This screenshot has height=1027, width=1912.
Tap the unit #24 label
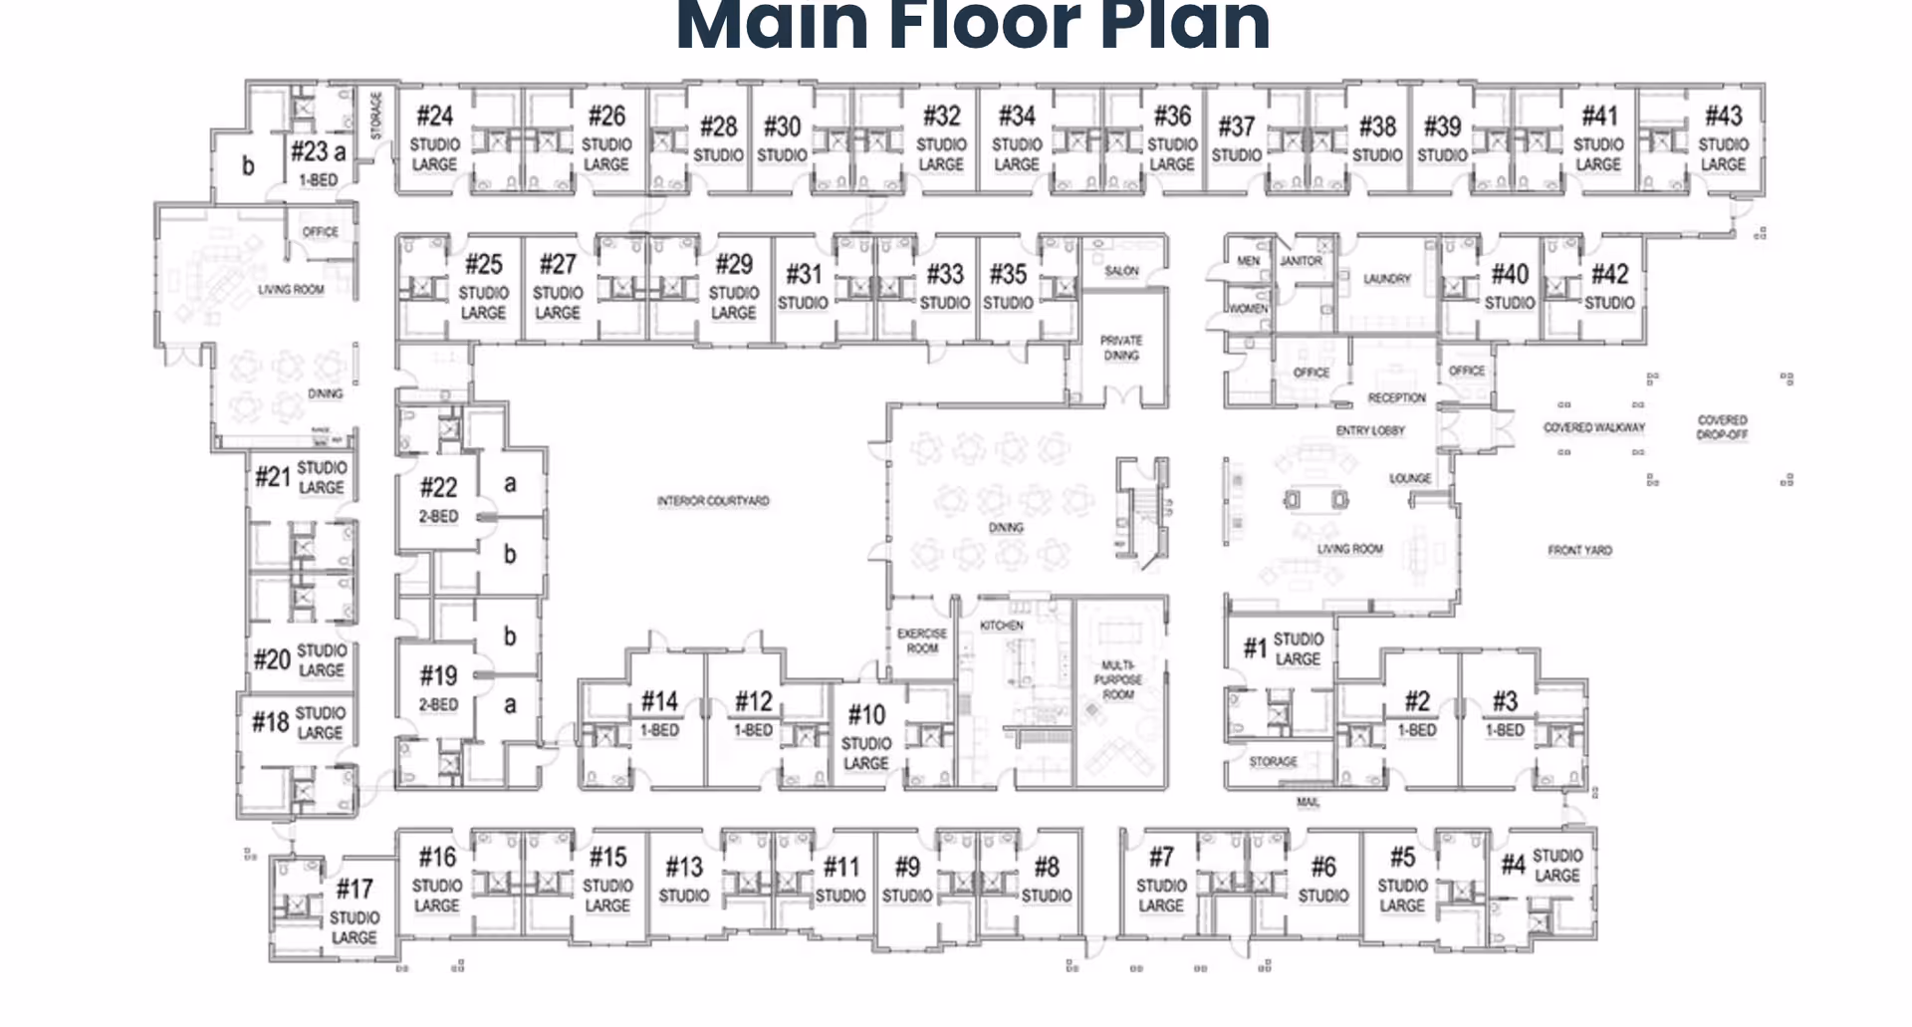435,117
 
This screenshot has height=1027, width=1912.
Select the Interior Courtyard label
713,501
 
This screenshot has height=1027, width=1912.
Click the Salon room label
1121,271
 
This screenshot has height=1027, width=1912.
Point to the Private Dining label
1121,348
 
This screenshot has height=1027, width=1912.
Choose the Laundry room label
1386,279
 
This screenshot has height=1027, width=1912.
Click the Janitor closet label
1301,261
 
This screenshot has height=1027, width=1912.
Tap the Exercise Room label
922,641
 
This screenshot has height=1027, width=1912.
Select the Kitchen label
1002,626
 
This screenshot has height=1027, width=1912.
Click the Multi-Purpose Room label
1118,679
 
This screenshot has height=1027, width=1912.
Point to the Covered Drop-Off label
1722,427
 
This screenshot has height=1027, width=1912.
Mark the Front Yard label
1579,550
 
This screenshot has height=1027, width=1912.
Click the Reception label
1396,397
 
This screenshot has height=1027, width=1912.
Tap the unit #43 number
1724,117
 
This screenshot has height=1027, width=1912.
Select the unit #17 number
355,889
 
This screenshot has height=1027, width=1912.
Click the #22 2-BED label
438,499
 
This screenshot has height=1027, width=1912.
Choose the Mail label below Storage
1308,802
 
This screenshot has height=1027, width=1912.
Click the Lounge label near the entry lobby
1410,479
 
